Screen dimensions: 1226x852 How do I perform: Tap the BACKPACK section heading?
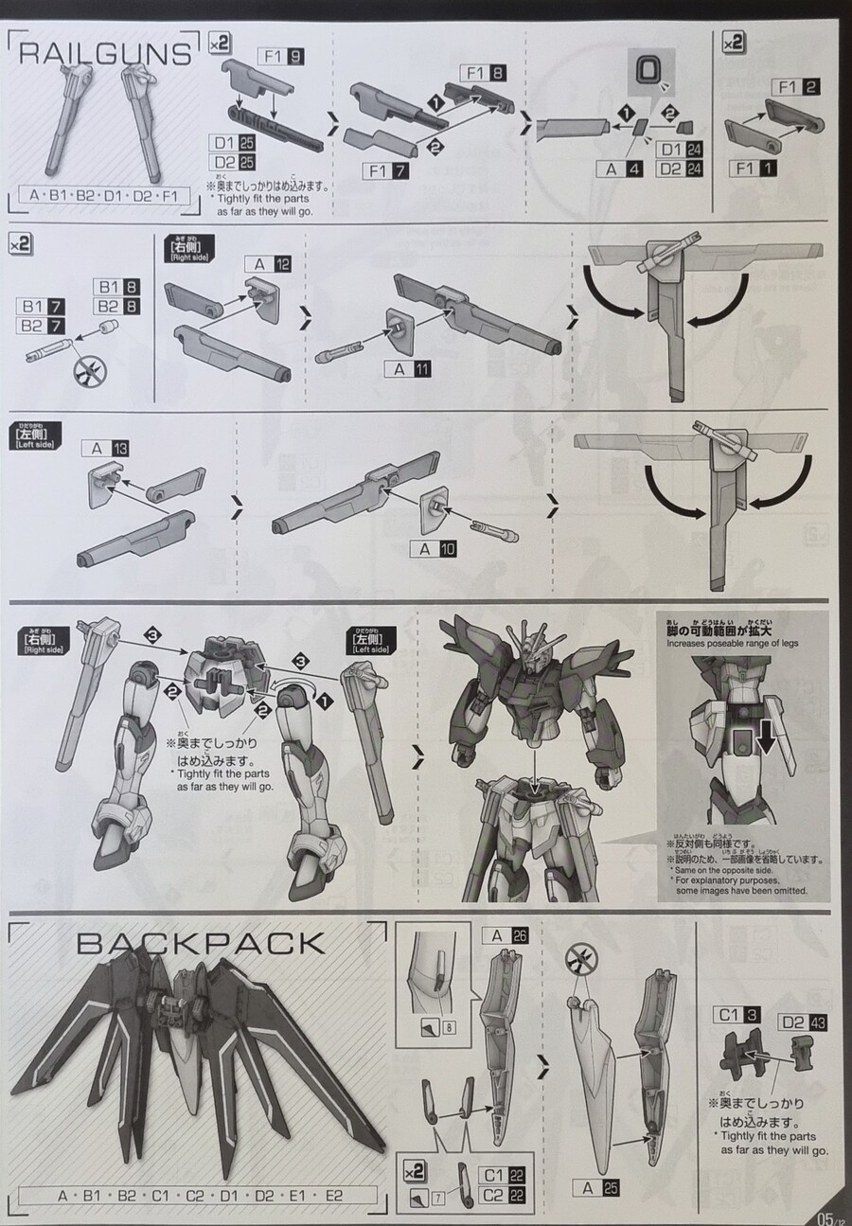coord(200,943)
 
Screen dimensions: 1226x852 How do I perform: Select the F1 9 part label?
coord(284,56)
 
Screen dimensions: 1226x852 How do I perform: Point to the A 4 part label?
coord(621,169)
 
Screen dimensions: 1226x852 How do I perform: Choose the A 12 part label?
coord(266,264)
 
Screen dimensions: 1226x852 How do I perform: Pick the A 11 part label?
coord(408,368)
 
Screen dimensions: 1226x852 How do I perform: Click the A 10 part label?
coord(434,548)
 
